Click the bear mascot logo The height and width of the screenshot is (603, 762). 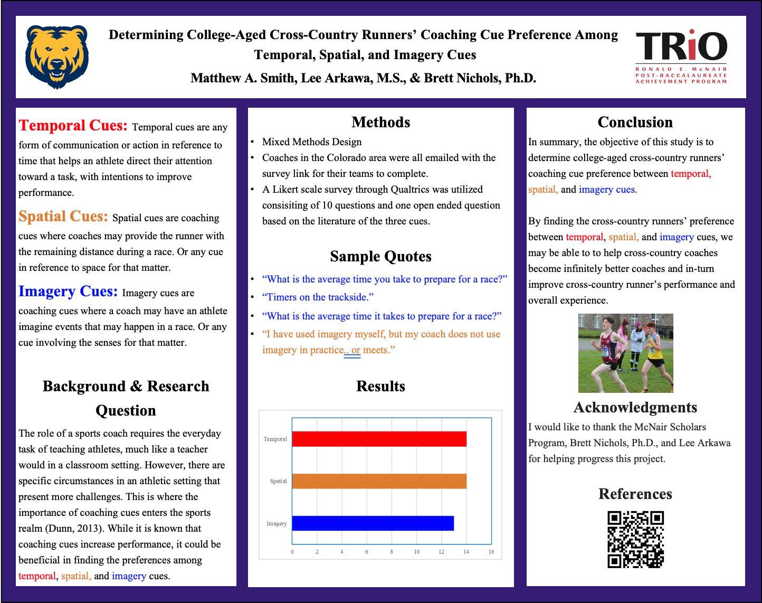(56, 56)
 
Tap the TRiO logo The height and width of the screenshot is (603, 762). (681, 56)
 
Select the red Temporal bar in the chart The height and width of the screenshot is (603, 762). (379, 439)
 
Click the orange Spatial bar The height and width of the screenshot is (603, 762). (379, 481)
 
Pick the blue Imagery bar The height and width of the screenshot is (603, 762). (373, 523)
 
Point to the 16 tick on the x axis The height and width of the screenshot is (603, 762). (491, 552)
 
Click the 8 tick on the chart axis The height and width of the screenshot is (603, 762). (392, 552)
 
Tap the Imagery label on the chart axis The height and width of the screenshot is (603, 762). (277, 523)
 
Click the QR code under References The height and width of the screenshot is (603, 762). (635, 539)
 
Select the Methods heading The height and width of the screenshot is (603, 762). (380, 123)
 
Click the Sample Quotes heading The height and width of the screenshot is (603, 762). (380, 257)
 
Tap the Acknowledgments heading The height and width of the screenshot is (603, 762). (635, 408)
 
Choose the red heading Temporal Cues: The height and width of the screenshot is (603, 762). (73, 126)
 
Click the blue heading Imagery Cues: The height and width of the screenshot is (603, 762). (68, 291)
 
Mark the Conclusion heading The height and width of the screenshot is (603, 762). (635, 123)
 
